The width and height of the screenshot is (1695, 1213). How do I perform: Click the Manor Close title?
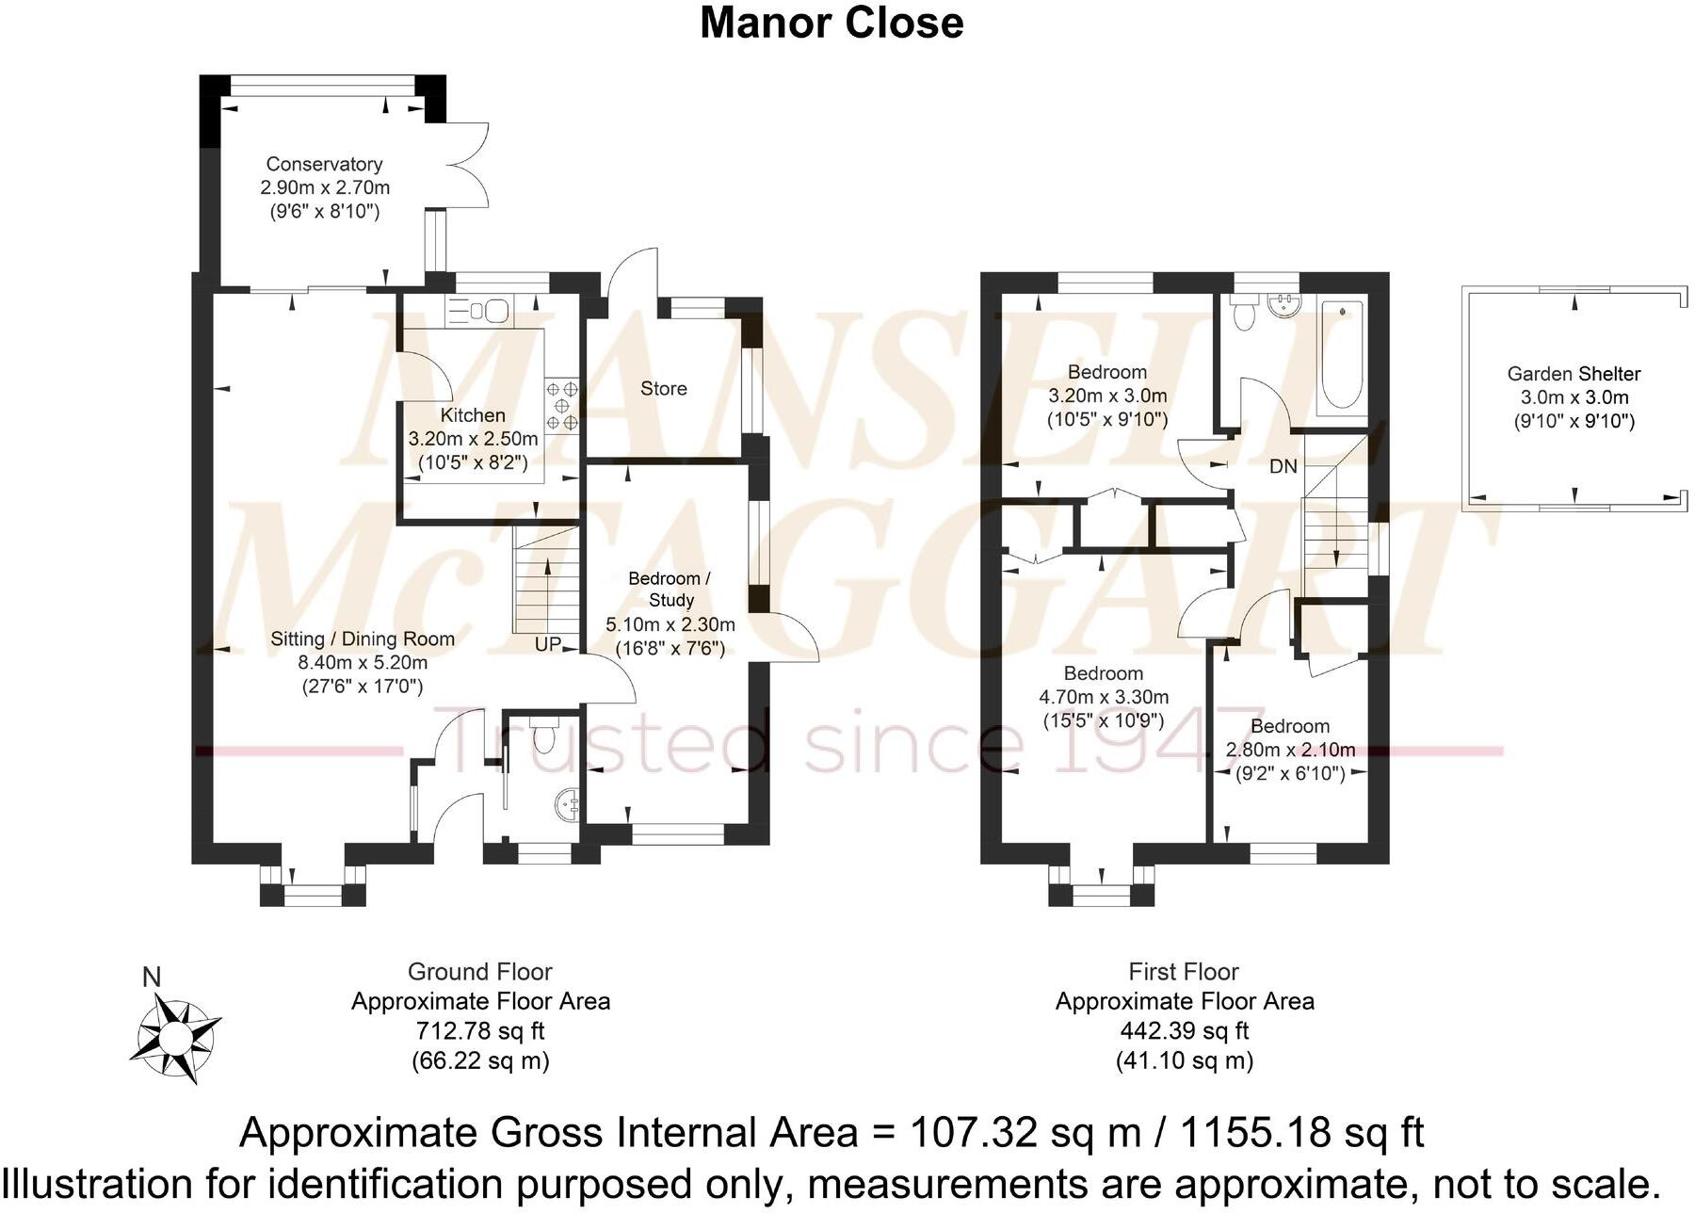coord(831,23)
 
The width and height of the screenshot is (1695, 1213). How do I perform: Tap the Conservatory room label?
coord(324,164)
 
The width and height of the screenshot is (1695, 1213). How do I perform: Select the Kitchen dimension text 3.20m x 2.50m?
coord(473,439)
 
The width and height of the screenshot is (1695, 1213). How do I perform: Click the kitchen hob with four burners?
coord(562,404)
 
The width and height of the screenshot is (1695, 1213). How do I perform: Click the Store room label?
coord(663,388)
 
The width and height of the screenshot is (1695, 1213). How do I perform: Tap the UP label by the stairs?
coord(548,644)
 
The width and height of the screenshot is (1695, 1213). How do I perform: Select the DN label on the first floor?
coord(1283,466)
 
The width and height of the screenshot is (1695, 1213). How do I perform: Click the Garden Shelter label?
coord(1574,374)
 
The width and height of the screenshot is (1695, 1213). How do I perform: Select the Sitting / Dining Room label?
coord(363,639)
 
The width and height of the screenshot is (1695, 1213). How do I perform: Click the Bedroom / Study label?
coord(670,589)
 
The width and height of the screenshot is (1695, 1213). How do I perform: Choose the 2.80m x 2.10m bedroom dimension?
coord(1290,751)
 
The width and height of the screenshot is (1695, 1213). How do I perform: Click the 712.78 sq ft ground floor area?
coord(480,1031)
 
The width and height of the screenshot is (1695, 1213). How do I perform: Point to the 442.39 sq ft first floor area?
coord(1184,1031)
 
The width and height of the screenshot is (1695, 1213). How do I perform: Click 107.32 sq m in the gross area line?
coord(1025,1133)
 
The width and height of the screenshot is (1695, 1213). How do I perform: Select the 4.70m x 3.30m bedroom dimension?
coord(1103,698)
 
